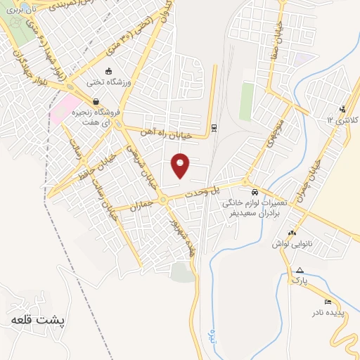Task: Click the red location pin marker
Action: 181,166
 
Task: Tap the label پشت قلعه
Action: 38,320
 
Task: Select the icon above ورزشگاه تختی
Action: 108,72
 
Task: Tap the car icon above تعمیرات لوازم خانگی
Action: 254,191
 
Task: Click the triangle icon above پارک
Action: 300,270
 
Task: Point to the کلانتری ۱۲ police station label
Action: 342,120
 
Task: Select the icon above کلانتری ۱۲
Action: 342,109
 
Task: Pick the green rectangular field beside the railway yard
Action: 246,102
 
